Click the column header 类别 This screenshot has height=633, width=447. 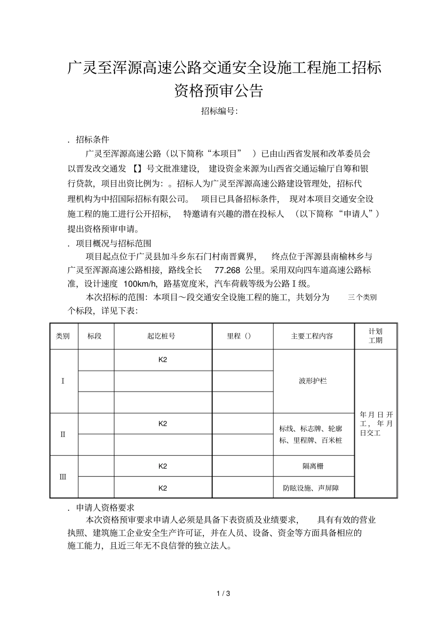pos(63,336)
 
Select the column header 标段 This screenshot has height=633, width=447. pos(95,336)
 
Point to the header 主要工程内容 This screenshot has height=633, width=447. pos(312,336)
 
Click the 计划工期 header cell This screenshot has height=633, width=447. pos(375,336)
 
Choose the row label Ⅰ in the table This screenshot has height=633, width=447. pos(63,381)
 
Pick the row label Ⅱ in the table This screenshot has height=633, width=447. pos(63,434)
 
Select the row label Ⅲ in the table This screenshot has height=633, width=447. pos(63,476)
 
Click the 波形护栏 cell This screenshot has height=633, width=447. pos(313,381)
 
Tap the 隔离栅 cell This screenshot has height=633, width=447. pos(313,466)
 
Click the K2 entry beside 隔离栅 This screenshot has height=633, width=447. pos(163,466)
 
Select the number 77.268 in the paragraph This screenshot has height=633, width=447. pos(227,270)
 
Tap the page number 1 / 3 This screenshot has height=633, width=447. pos(223,593)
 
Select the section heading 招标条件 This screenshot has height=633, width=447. pos(92,140)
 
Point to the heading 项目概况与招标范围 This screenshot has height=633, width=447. pos(113,243)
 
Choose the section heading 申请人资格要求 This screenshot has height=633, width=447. pos(105,507)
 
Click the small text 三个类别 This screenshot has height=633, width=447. pos(362,297)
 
